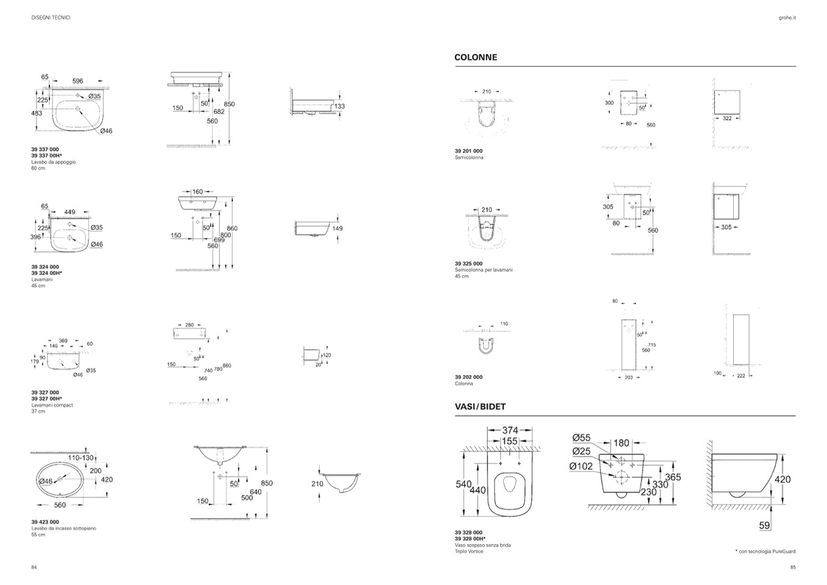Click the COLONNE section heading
point(476,57)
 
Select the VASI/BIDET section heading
point(480,406)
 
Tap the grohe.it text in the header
point(787,18)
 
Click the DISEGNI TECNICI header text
point(51,18)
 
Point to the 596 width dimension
point(77,81)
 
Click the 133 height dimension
point(340,106)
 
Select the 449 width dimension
point(70,212)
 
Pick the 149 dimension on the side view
point(337,229)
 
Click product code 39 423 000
point(45,522)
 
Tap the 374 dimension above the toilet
point(510,431)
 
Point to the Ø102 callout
point(581,467)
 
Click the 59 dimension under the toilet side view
point(765,525)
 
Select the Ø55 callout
point(581,437)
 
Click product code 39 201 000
point(468,151)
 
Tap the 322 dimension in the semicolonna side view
point(727,118)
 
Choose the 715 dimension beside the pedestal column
point(652,345)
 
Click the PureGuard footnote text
point(767,551)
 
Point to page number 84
point(34,567)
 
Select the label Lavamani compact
point(52,405)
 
